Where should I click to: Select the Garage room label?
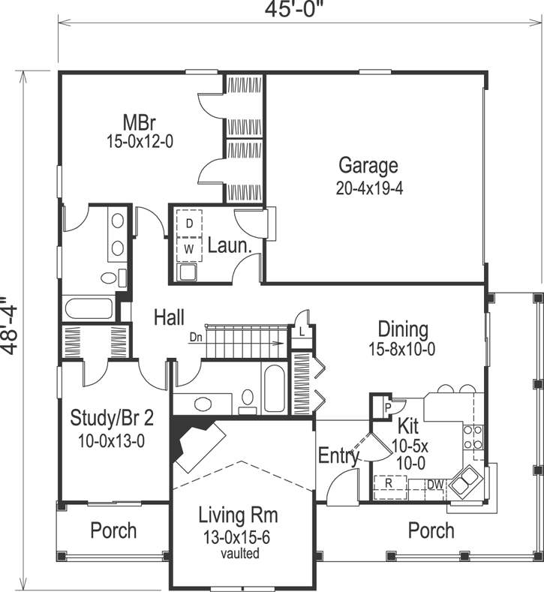tap(368, 164)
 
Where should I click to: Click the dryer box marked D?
tap(189, 224)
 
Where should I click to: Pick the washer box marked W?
tap(189, 246)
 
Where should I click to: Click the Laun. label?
tap(229, 246)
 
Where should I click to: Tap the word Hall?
tap(169, 317)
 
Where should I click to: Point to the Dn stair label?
tap(195, 337)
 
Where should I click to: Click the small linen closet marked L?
tap(302, 331)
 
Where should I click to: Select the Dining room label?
tap(403, 329)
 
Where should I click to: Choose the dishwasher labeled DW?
tap(435, 485)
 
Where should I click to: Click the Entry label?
tap(339, 455)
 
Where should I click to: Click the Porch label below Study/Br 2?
tap(113, 530)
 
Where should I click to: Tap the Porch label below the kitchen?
tap(431, 530)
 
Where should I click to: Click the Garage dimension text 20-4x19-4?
tap(370, 188)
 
